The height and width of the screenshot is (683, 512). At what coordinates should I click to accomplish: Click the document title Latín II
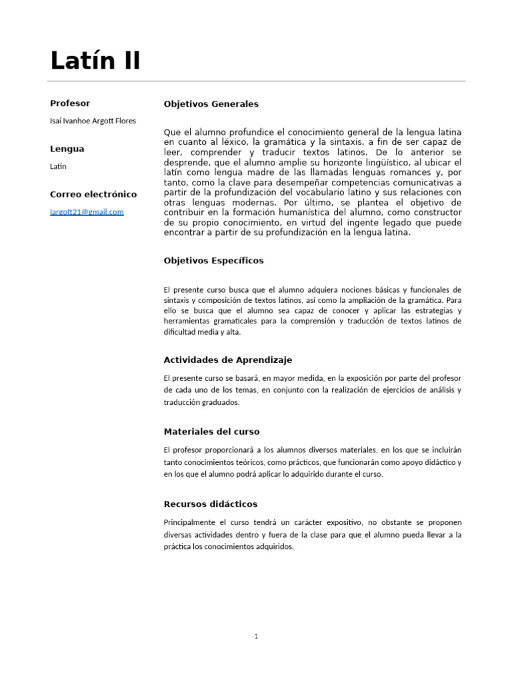click(x=95, y=61)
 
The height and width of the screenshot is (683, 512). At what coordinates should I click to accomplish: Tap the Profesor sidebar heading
click(x=70, y=103)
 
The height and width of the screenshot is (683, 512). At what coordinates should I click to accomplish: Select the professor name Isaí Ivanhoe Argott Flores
click(x=93, y=121)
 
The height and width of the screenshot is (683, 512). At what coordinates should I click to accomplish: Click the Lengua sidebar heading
click(x=67, y=149)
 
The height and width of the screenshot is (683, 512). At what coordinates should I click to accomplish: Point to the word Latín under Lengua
click(x=59, y=166)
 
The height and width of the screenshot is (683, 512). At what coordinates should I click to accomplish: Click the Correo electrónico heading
click(x=93, y=194)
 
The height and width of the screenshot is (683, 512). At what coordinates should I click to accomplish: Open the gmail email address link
click(x=87, y=211)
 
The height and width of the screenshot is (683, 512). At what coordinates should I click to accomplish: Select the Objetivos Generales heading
click(x=211, y=104)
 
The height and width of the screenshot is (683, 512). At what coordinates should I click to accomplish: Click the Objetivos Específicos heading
click(x=213, y=261)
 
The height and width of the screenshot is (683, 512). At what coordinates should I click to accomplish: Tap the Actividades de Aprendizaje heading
click(x=227, y=360)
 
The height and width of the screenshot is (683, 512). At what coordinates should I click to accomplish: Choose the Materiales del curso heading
click(x=211, y=432)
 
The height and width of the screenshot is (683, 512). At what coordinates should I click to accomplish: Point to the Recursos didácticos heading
click(x=210, y=504)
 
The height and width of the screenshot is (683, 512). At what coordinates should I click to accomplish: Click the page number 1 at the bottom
click(x=256, y=636)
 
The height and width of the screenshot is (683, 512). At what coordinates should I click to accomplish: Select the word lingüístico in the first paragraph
click(x=380, y=163)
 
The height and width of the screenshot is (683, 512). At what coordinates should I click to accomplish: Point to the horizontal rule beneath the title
click(x=258, y=81)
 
